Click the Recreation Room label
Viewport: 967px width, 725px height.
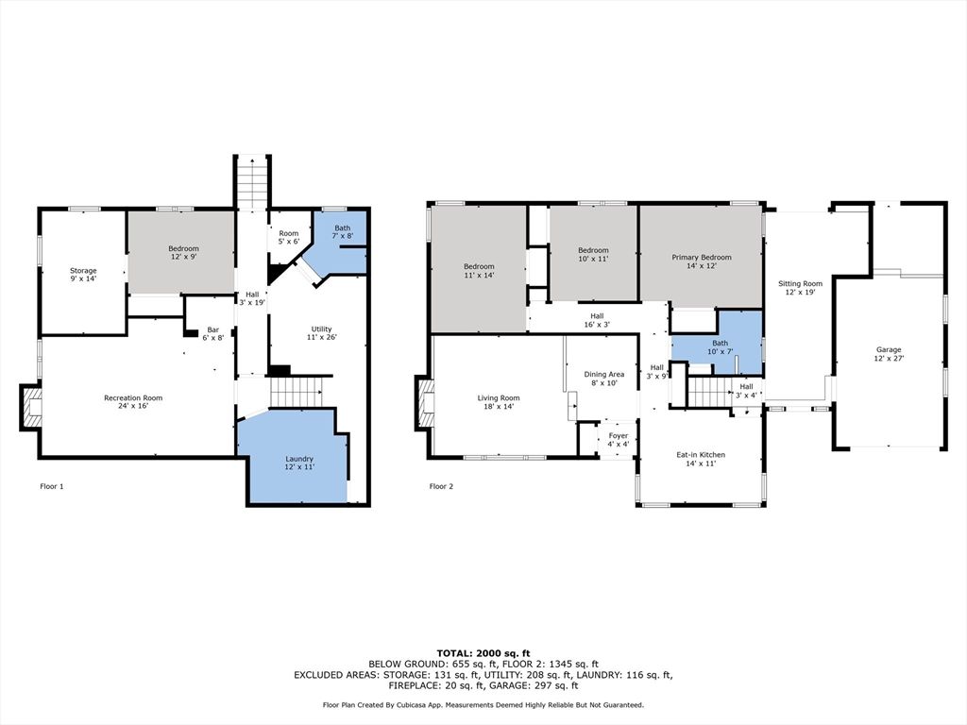coord(133,401)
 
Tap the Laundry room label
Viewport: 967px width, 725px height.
coord(299,463)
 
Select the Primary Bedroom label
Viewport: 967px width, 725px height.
coord(702,261)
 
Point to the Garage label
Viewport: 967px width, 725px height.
coord(889,353)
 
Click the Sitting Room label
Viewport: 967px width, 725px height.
coord(800,287)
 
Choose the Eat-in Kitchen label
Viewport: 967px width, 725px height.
coord(701,459)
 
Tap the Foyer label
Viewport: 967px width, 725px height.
coord(618,440)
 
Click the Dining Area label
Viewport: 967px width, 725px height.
coord(603,378)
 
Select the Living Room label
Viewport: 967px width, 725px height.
coord(499,402)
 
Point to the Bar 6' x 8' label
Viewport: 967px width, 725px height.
coord(212,333)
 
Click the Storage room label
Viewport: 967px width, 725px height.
coord(83,275)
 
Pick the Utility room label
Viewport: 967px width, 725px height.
coord(321,333)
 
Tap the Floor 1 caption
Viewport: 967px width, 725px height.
coord(52,486)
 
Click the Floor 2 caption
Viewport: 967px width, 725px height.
coord(441,486)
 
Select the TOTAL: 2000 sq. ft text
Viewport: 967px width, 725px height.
coord(483,653)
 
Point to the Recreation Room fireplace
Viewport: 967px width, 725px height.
coord(31,407)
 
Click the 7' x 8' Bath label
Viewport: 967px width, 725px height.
coord(342,232)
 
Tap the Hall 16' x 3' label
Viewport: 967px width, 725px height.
coord(597,320)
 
